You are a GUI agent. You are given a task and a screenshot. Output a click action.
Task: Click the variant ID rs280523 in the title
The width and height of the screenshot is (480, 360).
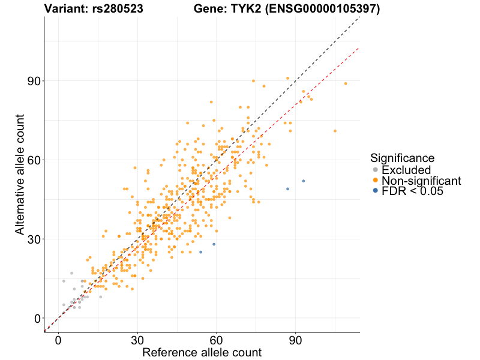(117, 9)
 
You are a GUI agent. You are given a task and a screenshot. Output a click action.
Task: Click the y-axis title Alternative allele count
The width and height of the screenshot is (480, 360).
(20, 174)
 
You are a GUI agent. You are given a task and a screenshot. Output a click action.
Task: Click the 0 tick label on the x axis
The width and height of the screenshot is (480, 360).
(58, 340)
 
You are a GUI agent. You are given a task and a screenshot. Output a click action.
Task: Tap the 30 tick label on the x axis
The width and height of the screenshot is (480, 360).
(137, 340)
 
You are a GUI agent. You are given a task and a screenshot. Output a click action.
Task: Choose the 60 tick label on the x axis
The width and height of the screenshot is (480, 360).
(217, 340)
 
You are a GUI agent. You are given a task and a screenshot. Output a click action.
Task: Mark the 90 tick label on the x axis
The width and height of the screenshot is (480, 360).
(296, 340)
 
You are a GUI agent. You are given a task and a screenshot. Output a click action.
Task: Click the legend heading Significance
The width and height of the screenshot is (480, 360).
(402, 158)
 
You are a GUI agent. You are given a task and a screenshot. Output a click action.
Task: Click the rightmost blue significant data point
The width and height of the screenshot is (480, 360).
(304, 181)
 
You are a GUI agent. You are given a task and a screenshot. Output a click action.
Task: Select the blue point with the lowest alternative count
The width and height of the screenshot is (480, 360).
(200, 252)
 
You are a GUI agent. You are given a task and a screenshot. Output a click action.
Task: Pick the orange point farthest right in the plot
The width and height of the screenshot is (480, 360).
(346, 83)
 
